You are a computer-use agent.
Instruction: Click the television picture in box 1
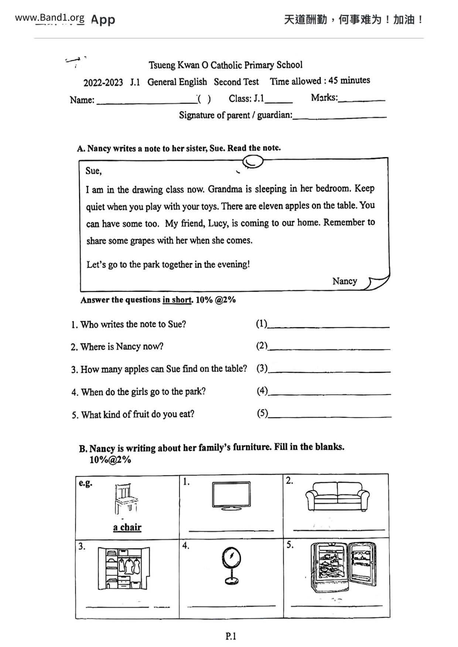[x=231, y=495]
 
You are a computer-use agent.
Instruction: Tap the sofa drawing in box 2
[x=337, y=496]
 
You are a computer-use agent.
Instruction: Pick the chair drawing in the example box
[x=126, y=499]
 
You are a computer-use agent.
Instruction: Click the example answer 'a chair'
[x=127, y=527]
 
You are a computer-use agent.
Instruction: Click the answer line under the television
[x=231, y=530]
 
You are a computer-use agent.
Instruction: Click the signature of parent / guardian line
[x=340, y=117]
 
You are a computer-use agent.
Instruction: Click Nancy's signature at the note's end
[x=345, y=281]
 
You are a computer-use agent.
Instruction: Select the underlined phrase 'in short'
[x=177, y=300]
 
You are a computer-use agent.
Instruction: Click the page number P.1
[x=231, y=636]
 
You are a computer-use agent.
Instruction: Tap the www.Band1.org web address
[x=49, y=17]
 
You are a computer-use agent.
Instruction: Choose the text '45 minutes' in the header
[x=349, y=80]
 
